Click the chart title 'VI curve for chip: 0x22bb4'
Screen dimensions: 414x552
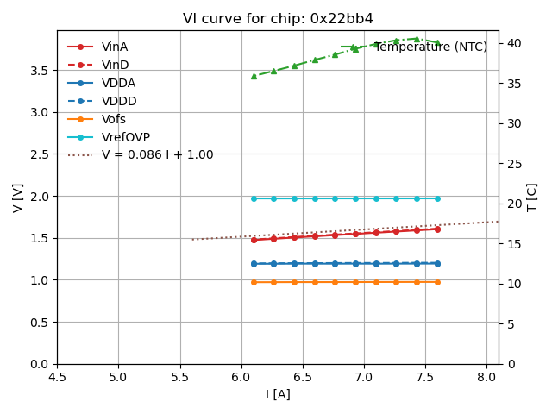[278, 18]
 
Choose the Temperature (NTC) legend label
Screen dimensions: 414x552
[430, 47]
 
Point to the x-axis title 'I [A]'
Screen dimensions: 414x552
[278, 394]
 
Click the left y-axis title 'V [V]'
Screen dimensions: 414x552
[18, 198]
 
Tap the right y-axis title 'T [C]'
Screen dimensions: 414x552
[532, 198]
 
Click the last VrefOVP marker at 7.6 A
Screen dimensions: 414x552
[437, 198]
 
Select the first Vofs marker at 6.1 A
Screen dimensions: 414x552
[254, 282]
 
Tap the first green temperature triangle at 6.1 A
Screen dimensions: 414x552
[254, 76]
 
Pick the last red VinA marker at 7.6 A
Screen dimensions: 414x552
[437, 229]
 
